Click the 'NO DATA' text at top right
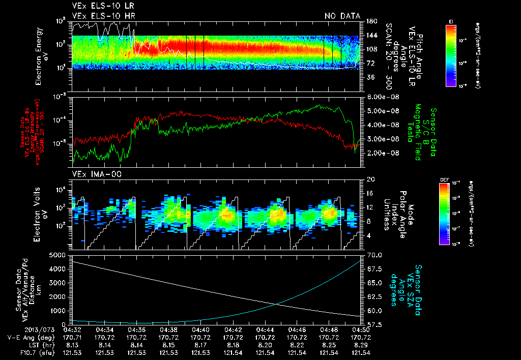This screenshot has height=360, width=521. (342, 16)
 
